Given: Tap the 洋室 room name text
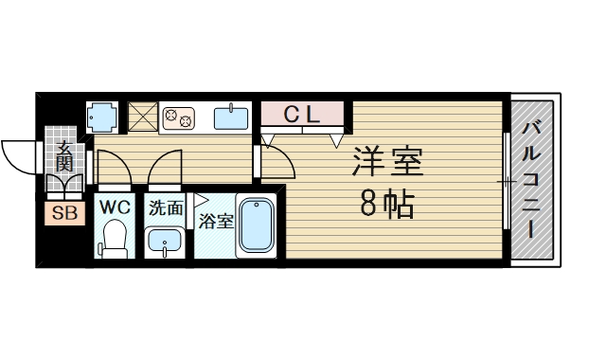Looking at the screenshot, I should coord(387,161).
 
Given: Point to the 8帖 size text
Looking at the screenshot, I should coord(386,204).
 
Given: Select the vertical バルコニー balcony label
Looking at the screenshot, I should coord(531,179).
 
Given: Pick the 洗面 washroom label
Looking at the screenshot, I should coord(165,207).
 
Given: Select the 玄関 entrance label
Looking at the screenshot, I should coord(64,156).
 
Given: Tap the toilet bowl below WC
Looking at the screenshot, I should coord(115,239).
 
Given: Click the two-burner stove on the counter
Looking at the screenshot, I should coord(178,117).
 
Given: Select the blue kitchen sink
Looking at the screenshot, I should coord(231,117).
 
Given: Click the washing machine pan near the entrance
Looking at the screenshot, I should coord(104,117).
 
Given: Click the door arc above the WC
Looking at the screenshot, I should coord(111,169).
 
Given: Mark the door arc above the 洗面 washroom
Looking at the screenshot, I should coord(163,168).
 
